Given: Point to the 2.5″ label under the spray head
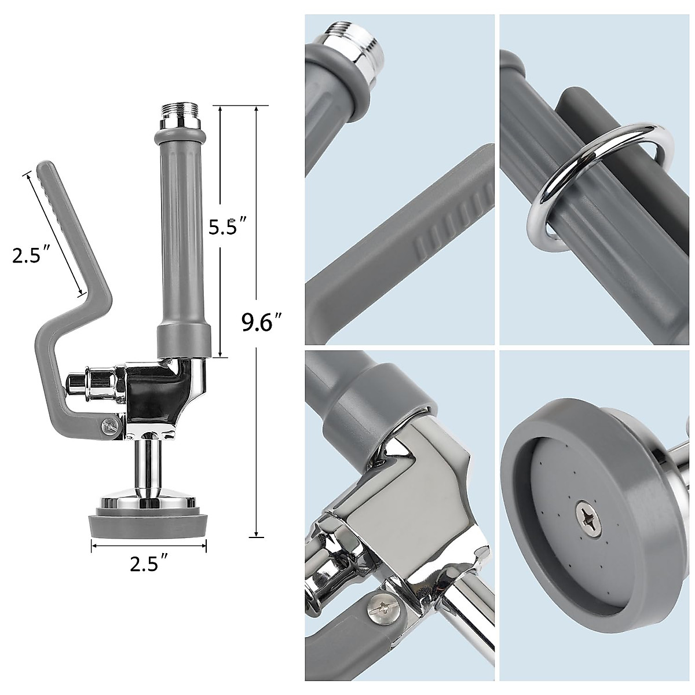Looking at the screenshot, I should [x=149, y=564].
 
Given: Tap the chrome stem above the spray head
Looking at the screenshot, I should [x=148, y=466].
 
